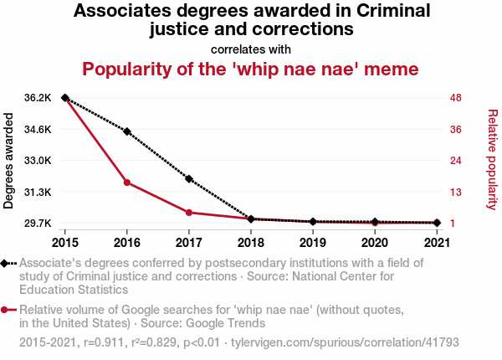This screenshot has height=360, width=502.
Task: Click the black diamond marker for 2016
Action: [x=127, y=131]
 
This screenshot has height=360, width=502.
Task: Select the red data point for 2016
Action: [x=127, y=183]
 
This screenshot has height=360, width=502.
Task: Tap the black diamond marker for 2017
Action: [x=189, y=179]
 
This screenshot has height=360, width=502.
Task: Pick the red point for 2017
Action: [x=189, y=213]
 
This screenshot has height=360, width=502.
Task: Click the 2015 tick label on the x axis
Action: [x=64, y=243]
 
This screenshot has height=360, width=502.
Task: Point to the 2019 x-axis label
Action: [x=313, y=243]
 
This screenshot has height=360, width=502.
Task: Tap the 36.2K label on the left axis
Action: [x=38, y=98]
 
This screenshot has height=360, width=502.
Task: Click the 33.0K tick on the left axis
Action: [x=38, y=161]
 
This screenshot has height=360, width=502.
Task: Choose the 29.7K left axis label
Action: [x=38, y=224]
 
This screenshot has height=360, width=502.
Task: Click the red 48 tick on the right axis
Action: [x=456, y=98]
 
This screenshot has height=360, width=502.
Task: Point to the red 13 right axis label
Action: [x=456, y=193]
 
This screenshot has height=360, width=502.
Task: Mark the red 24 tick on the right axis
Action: [x=456, y=161]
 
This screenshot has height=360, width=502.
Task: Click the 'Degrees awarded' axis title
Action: [x=9, y=162]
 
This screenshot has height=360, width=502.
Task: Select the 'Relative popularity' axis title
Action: [x=492, y=160]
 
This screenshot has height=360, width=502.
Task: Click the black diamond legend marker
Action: [x=6, y=264]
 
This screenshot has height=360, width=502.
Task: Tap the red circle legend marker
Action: [x=6, y=311]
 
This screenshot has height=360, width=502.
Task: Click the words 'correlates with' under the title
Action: [x=251, y=49]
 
